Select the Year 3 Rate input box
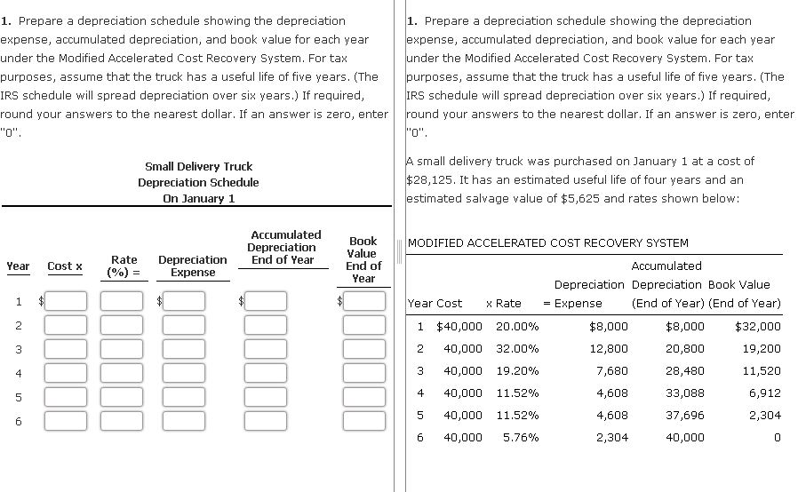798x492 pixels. [x=121, y=347]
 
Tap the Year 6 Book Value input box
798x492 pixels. [x=364, y=419]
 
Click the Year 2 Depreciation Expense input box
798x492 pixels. [x=184, y=324]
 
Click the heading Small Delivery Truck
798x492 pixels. [x=198, y=166]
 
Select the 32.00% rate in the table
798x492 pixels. [x=517, y=349]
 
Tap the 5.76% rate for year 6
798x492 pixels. [x=521, y=437]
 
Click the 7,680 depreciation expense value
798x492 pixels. [x=610, y=370]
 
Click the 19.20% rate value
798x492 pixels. [x=517, y=370]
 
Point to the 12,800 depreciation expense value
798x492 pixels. [x=609, y=349]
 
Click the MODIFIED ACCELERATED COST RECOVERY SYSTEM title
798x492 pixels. [x=547, y=242]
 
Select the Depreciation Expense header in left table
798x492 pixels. [x=192, y=266]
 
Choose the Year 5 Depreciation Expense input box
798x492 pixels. [x=184, y=395]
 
